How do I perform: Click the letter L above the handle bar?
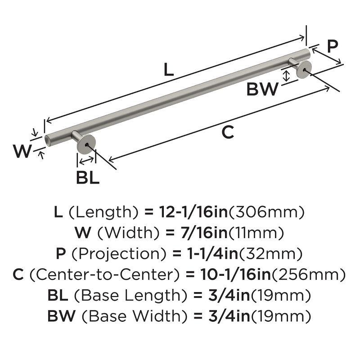[167, 70]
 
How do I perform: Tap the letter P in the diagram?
[332, 46]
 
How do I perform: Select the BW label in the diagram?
[263, 89]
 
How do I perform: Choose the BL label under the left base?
[87, 178]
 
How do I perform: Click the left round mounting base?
[86, 145]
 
